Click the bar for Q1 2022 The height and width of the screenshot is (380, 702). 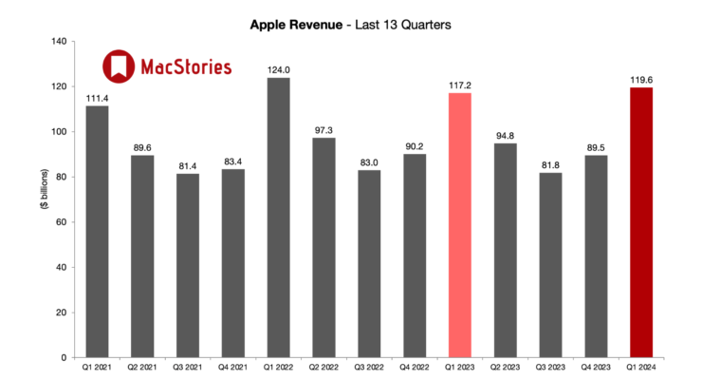click(x=278, y=218)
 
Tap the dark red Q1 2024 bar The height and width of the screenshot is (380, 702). click(x=641, y=222)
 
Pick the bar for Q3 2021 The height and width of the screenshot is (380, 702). click(x=187, y=266)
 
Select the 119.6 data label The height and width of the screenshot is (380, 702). click(x=641, y=79)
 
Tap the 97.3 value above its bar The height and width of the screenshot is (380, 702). click(x=323, y=129)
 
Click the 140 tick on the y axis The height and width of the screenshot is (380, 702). click(x=58, y=42)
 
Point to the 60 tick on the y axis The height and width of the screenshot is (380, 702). click(x=61, y=222)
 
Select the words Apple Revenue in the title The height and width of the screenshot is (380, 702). click(x=294, y=23)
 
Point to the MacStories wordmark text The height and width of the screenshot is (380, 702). click(x=186, y=67)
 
